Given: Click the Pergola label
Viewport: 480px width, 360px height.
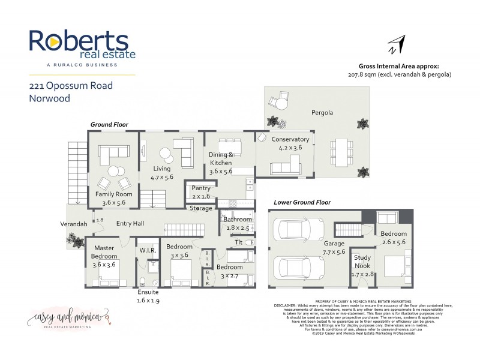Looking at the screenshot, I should (322, 112).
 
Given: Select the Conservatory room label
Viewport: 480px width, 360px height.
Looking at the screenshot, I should (290, 139).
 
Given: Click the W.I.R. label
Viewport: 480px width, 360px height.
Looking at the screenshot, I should (148, 249).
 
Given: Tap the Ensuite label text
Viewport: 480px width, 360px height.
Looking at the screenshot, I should (148, 292).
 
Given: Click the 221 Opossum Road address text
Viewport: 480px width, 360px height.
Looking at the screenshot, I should (71, 85).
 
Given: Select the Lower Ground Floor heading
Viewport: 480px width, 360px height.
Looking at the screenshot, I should (302, 202).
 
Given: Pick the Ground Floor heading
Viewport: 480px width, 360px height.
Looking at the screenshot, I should (109, 124).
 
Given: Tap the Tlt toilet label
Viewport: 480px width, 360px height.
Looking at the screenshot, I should (238, 242).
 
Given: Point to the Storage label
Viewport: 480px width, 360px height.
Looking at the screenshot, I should (201, 208).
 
